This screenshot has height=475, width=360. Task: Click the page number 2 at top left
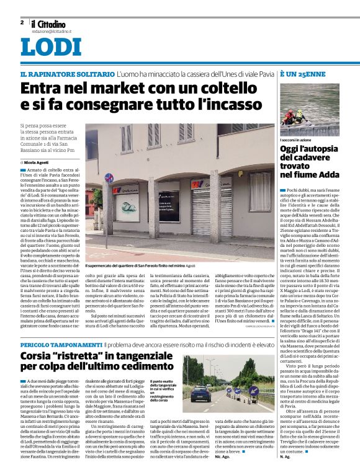pos(22,22)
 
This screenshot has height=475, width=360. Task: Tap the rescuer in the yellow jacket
pos(299,115)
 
